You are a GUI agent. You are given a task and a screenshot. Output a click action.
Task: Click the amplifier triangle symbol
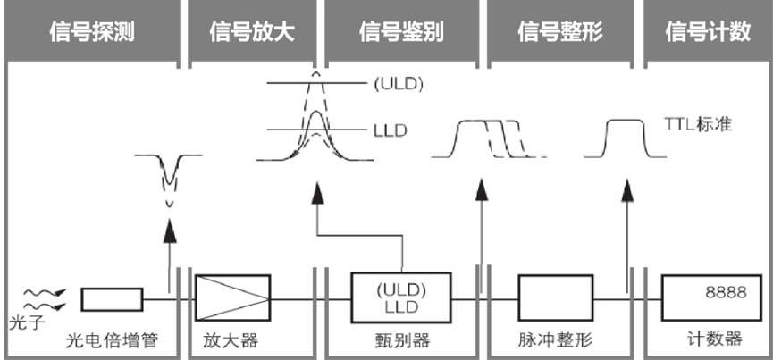click(x=231, y=297)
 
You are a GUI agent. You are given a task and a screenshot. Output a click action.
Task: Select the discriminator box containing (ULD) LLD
click(x=401, y=297)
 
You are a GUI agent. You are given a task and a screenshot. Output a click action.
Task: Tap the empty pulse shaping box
click(x=554, y=297)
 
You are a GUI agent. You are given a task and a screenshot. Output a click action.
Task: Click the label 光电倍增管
click(x=108, y=340)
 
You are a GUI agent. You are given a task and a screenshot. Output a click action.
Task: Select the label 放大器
click(x=223, y=340)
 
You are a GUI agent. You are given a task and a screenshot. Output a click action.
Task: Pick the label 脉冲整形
click(x=551, y=340)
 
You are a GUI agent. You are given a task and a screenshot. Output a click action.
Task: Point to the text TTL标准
click(x=698, y=123)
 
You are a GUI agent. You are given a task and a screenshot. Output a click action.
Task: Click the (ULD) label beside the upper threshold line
click(x=397, y=86)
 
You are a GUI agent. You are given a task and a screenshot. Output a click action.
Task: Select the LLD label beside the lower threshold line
click(x=390, y=131)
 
